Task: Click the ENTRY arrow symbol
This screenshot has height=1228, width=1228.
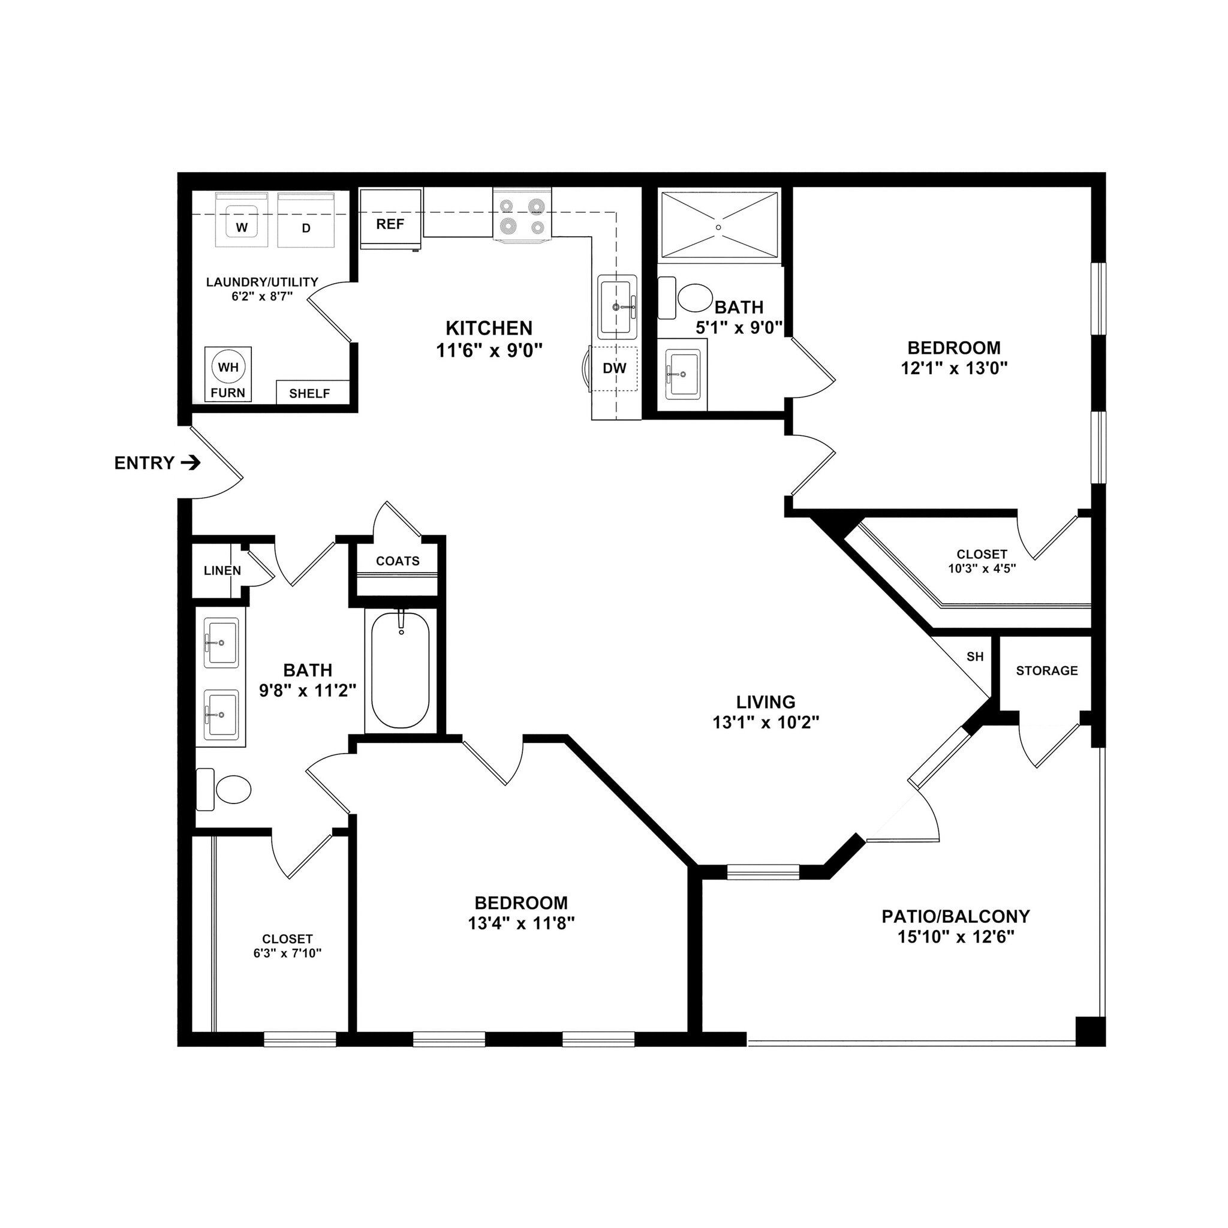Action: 191,463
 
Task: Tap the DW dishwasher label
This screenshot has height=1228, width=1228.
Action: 615,368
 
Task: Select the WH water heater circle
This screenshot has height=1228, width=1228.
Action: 228,367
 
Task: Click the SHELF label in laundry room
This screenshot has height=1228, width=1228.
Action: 309,393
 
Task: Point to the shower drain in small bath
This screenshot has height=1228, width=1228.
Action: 719,227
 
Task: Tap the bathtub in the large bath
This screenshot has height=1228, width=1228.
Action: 401,670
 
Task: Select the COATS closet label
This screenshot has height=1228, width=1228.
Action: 398,561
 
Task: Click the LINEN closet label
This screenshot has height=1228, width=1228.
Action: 222,571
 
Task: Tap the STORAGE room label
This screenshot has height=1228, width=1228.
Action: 1047,670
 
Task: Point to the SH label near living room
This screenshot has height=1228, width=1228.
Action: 975,657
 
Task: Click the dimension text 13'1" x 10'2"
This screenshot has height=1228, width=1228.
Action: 766,723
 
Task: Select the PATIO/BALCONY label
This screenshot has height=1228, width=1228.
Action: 955,917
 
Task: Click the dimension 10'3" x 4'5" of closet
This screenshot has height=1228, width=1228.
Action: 982,569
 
